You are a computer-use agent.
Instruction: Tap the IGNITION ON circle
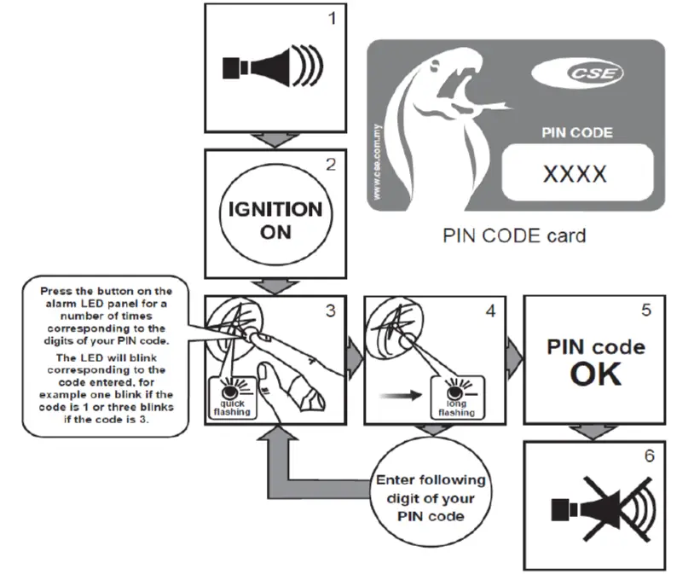click(275, 219)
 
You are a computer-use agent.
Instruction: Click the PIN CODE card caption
click(514, 235)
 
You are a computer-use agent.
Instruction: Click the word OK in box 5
click(595, 375)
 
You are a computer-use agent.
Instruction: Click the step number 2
click(331, 164)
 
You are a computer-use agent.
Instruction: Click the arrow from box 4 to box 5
click(511, 348)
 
